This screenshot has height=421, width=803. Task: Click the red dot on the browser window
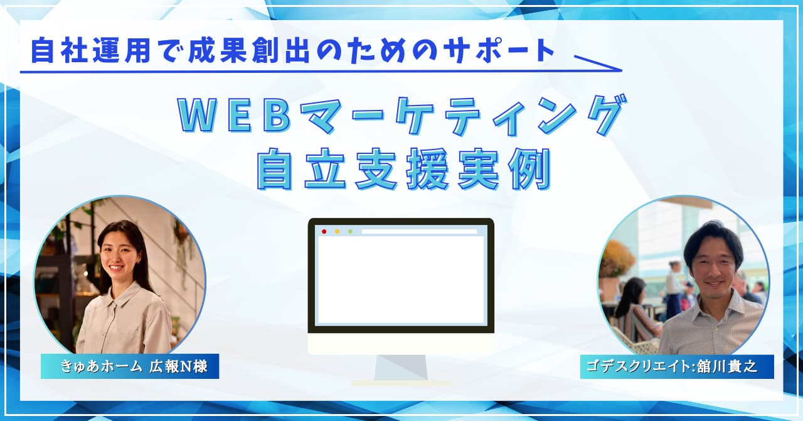pyautogui.click(x=324, y=232)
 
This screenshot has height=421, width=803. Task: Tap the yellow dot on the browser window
pyautogui.click(x=337, y=232)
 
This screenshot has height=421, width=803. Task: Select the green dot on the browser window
pyautogui.click(x=350, y=232)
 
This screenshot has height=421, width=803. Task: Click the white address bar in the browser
pyautogui.click(x=419, y=232)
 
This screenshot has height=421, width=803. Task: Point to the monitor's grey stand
pyautogui.click(x=401, y=367)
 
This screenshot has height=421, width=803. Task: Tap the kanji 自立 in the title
pyautogui.click(x=302, y=169)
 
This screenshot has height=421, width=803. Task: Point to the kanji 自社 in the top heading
pyautogui.click(x=60, y=51)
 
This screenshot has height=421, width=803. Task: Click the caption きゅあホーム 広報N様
pyautogui.click(x=134, y=367)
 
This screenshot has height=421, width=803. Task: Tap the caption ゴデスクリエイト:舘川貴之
pyautogui.click(x=672, y=367)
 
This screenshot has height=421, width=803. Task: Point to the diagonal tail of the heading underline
pyautogui.click(x=598, y=63)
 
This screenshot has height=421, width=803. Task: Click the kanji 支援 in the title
pyautogui.click(x=402, y=169)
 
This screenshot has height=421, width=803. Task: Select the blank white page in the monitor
pyautogui.click(x=401, y=280)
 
